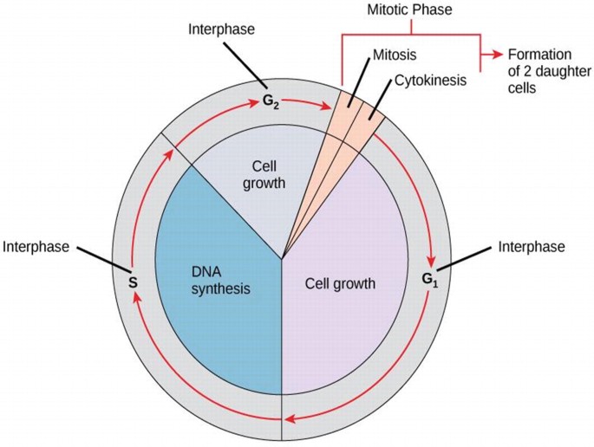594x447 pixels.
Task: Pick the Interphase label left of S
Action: tap(36, 246)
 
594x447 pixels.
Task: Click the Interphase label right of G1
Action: tap(532, 247)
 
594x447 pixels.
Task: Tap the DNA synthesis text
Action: tap(220, 277)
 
